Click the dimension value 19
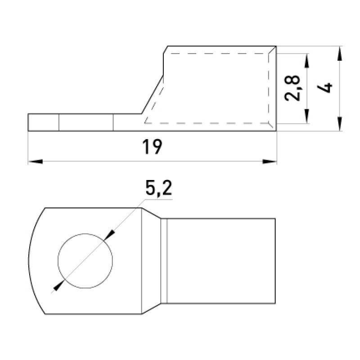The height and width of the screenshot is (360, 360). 152,147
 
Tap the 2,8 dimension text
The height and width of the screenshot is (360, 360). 292,88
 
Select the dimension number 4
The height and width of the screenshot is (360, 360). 324,88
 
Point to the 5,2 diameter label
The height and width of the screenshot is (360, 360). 159,188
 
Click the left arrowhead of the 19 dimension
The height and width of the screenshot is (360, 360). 36,162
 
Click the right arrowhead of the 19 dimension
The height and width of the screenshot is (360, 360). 270,162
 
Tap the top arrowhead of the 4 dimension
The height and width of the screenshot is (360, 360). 340,54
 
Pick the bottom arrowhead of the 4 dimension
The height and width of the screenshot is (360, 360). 340,124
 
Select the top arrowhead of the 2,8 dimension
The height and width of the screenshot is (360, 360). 306,61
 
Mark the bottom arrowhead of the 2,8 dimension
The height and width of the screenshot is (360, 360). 306,117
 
